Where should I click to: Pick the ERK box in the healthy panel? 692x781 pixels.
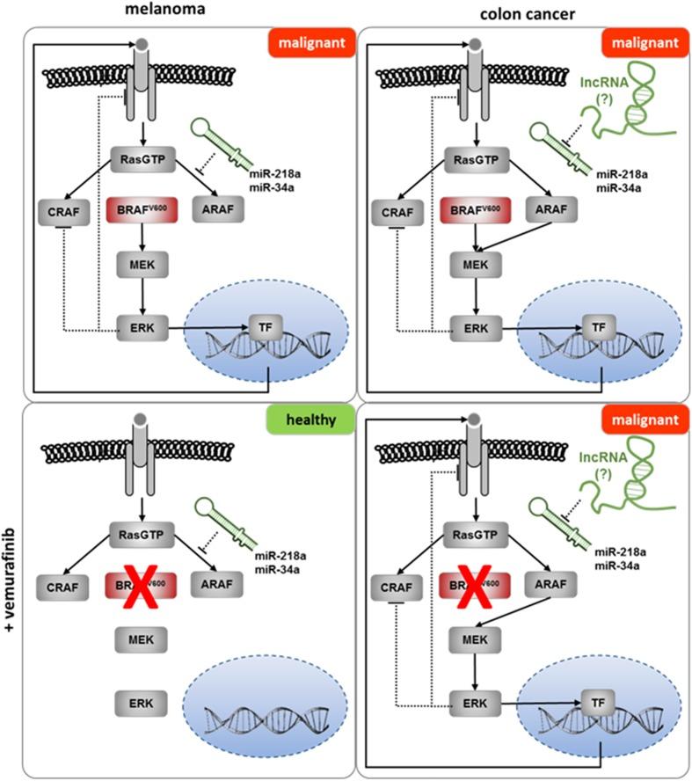pos(136,701)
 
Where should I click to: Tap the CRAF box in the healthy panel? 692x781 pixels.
pos(60,584)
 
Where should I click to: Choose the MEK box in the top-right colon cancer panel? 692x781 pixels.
pos(475,264)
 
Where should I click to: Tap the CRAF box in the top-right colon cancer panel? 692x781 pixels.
pos(399,211)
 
